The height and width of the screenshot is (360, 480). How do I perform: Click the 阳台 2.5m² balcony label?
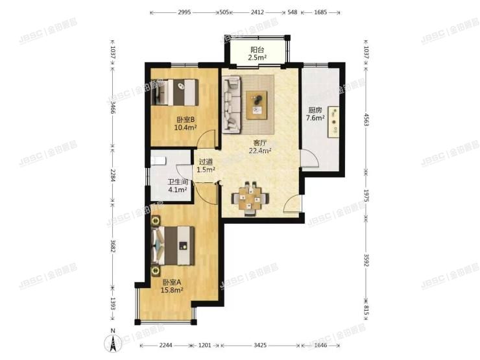click(x=258, y=54)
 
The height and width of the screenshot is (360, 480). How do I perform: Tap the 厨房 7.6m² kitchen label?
click(x=316, y=114)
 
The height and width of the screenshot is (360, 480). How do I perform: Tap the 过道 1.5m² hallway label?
click(x=206, y=166)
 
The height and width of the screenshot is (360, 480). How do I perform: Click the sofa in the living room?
click(x=232, y=104)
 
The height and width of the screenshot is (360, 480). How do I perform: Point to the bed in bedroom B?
click(x=177, y=92)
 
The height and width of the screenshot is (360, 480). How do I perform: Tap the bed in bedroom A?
click(x=174, y=246)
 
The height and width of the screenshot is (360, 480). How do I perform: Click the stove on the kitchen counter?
click(x=335, y=121)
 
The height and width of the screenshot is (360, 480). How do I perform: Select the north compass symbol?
click(x=112, y=342)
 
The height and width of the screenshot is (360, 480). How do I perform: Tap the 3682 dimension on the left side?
click(x=113, y=248)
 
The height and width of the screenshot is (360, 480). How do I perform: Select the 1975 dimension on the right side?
click(x=366, y=197)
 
